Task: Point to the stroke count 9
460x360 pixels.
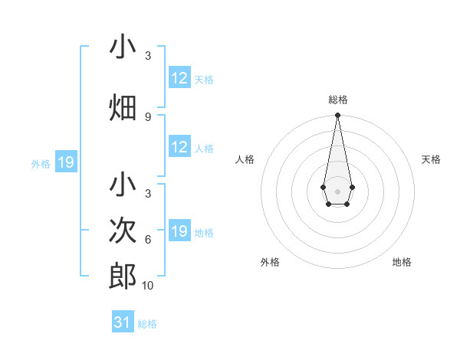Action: coord(148,116)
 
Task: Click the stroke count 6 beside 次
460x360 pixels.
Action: coord(148,239)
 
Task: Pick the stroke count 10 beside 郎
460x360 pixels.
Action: coord(148,286)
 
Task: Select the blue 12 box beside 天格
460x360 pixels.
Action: coord(179,78)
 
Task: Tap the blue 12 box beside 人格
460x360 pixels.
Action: coord(179,148)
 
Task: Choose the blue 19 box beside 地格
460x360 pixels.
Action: coord(179,231)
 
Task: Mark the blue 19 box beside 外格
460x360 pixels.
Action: coord(65,162)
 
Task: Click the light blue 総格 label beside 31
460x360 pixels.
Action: coord(147,324)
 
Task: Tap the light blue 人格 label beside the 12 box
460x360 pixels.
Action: coord(203,149)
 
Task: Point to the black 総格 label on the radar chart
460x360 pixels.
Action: coord(338,100)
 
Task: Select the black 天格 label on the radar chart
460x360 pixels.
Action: coord(431,159)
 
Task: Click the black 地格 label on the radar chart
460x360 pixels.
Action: coord(402,262)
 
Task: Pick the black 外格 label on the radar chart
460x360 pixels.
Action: coord(270,262)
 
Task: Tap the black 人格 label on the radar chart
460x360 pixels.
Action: coord(245,159)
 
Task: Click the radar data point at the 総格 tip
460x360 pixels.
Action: coord(337,115)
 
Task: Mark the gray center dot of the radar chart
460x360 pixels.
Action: coord(337,190)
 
